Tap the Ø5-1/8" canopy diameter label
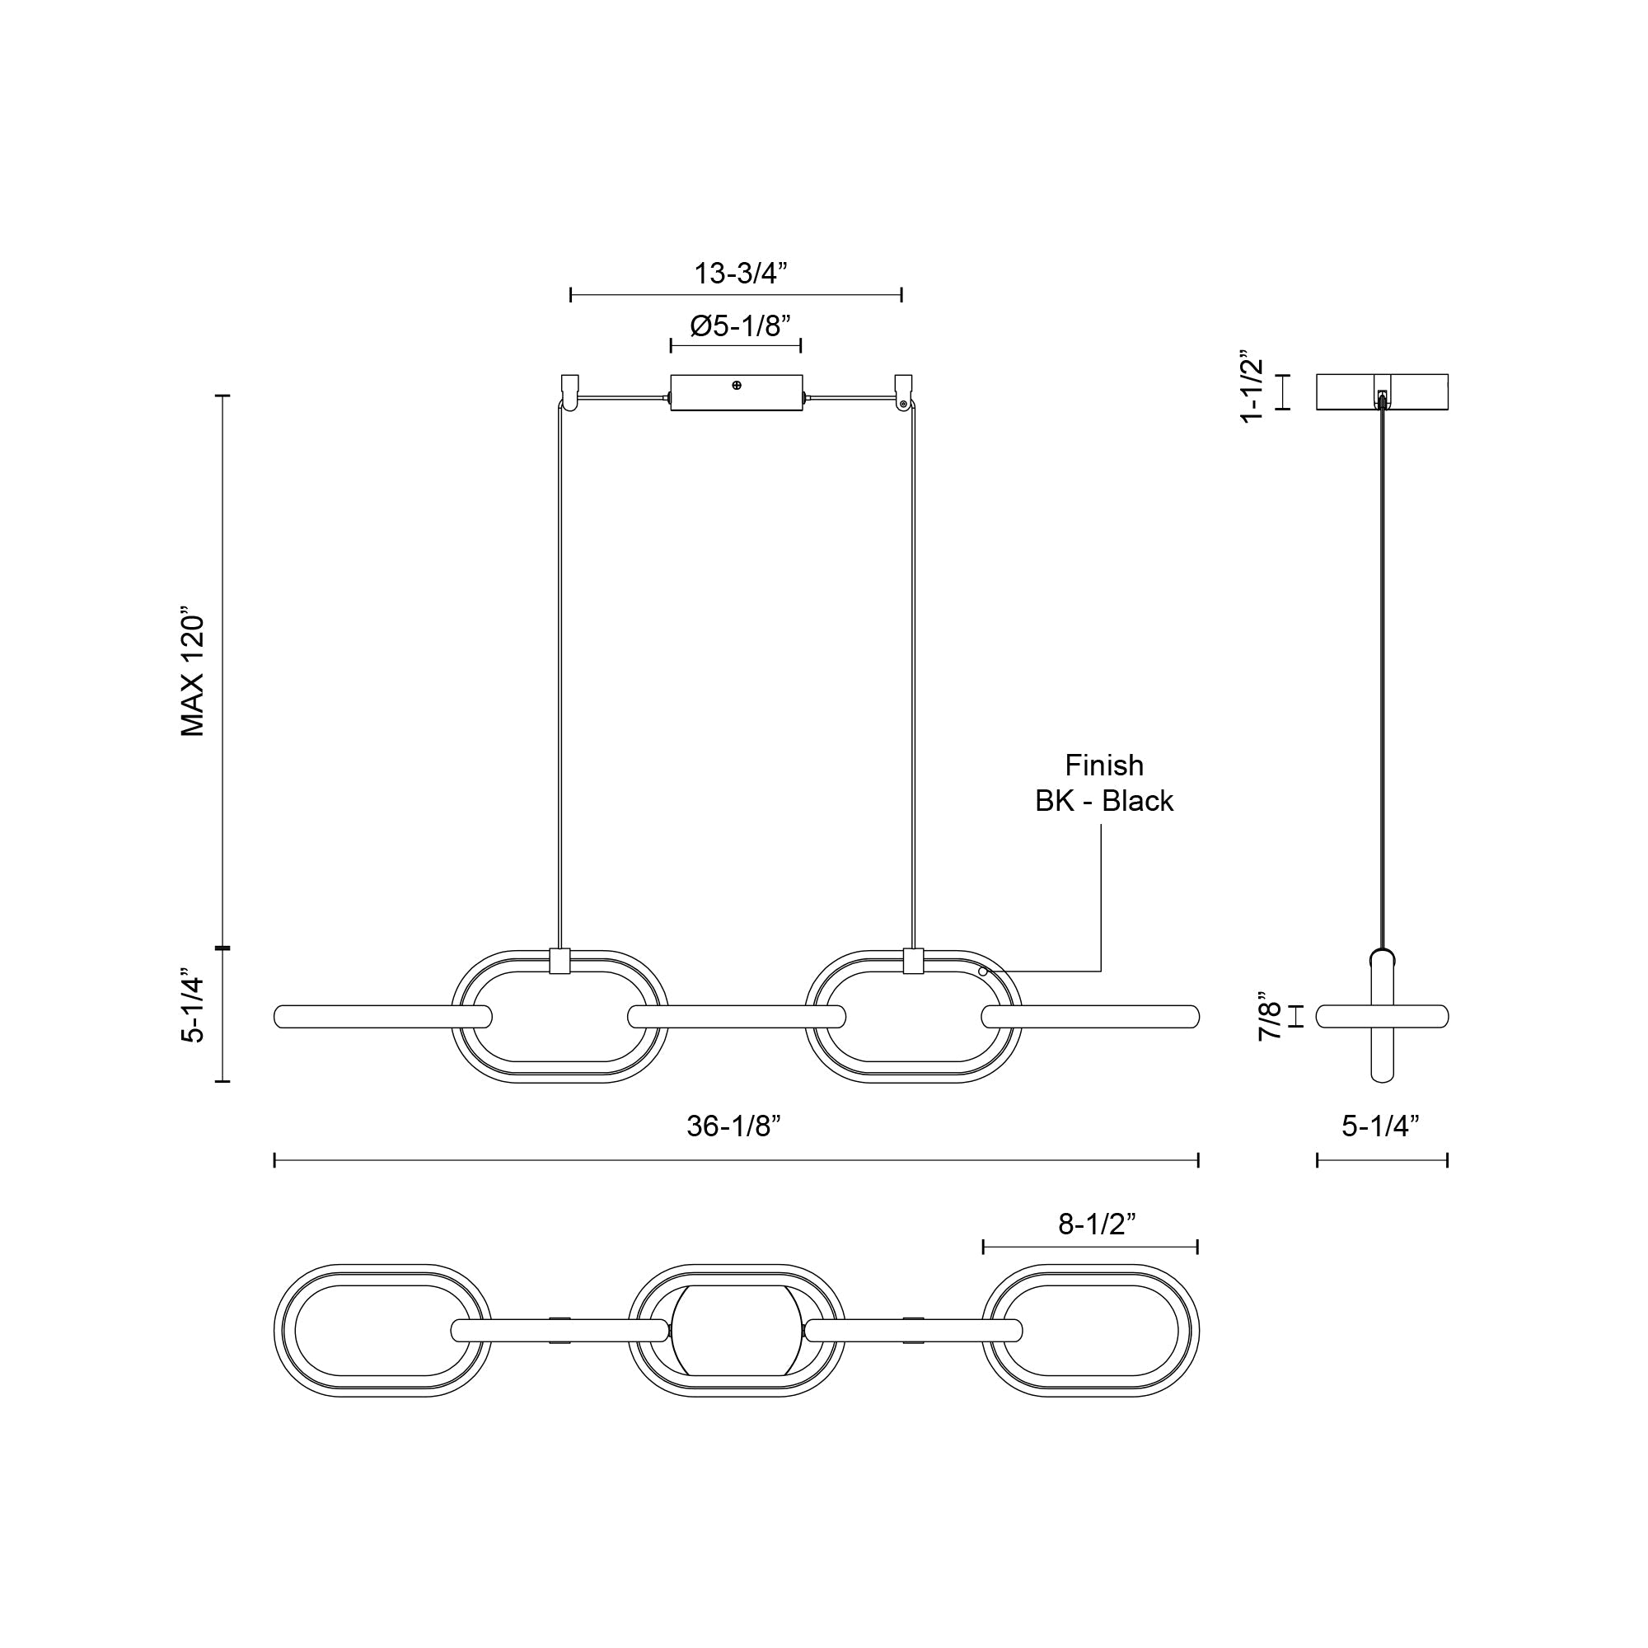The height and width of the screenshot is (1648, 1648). coord(740,325)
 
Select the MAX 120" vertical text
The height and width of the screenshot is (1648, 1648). coord(193,672)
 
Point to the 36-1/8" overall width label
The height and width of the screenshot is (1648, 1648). coord(733,1126)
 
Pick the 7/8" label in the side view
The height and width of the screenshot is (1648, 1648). coord(1270,1019)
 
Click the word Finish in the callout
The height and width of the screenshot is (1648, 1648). coord(1104,765)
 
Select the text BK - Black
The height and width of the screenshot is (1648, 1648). coord(1104,801)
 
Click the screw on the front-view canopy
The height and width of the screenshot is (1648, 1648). coord(737,386)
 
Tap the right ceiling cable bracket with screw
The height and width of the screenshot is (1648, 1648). coord(902,393)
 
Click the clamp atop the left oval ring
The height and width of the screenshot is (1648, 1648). coord(560,961)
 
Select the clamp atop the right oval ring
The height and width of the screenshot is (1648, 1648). coord(913,961)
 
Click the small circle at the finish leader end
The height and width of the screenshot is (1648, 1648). coord(983,971)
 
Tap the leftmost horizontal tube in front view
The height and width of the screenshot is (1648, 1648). coord(382,1017)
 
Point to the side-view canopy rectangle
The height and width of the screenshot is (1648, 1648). coord(1381,391)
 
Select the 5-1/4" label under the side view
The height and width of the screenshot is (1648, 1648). coord(1380,1126)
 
